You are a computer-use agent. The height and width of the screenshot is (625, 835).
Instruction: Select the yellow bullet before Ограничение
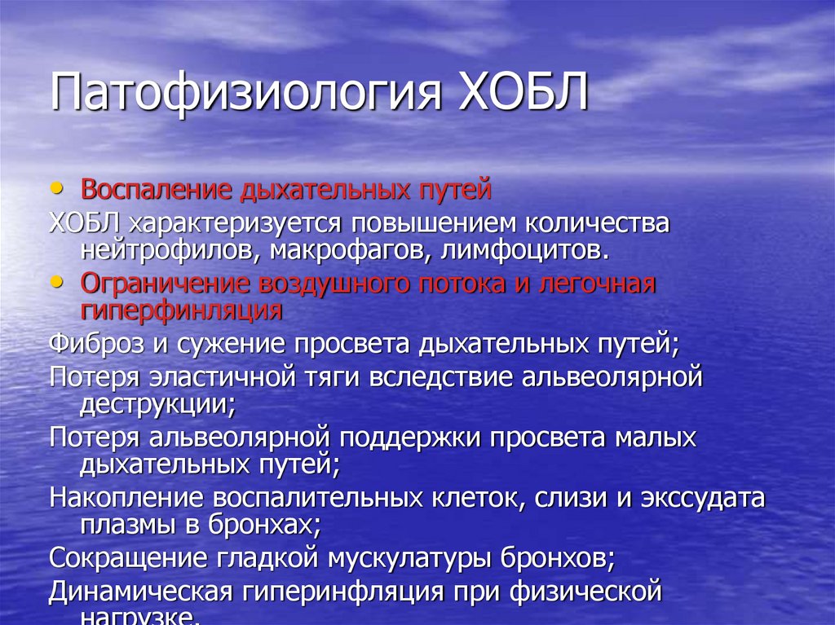click(x=55, y=281)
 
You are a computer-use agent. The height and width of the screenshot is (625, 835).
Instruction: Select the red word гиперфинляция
click(x=181, y=310)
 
